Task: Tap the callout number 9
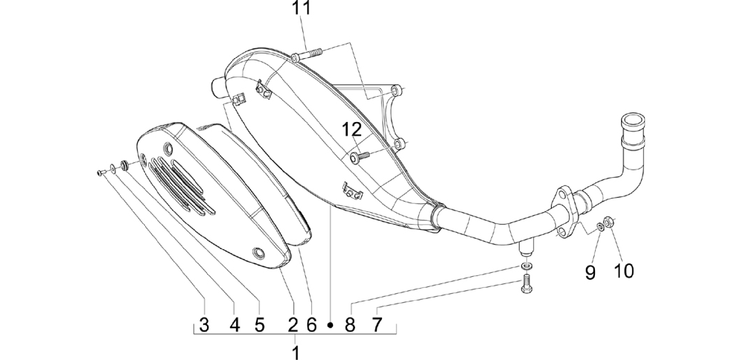point(590,273)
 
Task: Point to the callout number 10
point(624,271)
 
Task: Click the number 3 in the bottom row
point(204,325)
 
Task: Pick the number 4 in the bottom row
point(234,325)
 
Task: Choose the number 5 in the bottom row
point(259,325)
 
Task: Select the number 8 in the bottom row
point(350,325)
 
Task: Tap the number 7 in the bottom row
point(377,325)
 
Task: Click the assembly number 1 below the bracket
point(296,352)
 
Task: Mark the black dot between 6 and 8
point(330,325)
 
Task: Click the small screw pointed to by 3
point(101,173)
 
